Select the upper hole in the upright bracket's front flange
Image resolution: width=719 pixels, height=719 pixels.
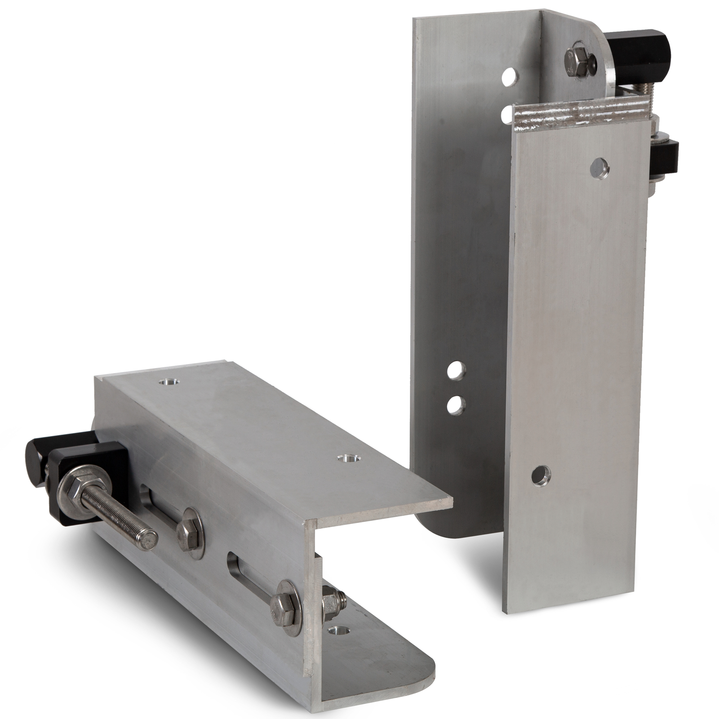tap(599, 167)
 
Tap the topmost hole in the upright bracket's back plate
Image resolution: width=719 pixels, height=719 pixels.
tap(508, 75)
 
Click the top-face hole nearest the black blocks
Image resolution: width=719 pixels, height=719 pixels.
tap(169, 382)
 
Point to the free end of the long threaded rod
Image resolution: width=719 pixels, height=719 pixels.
tap(148, 537)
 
